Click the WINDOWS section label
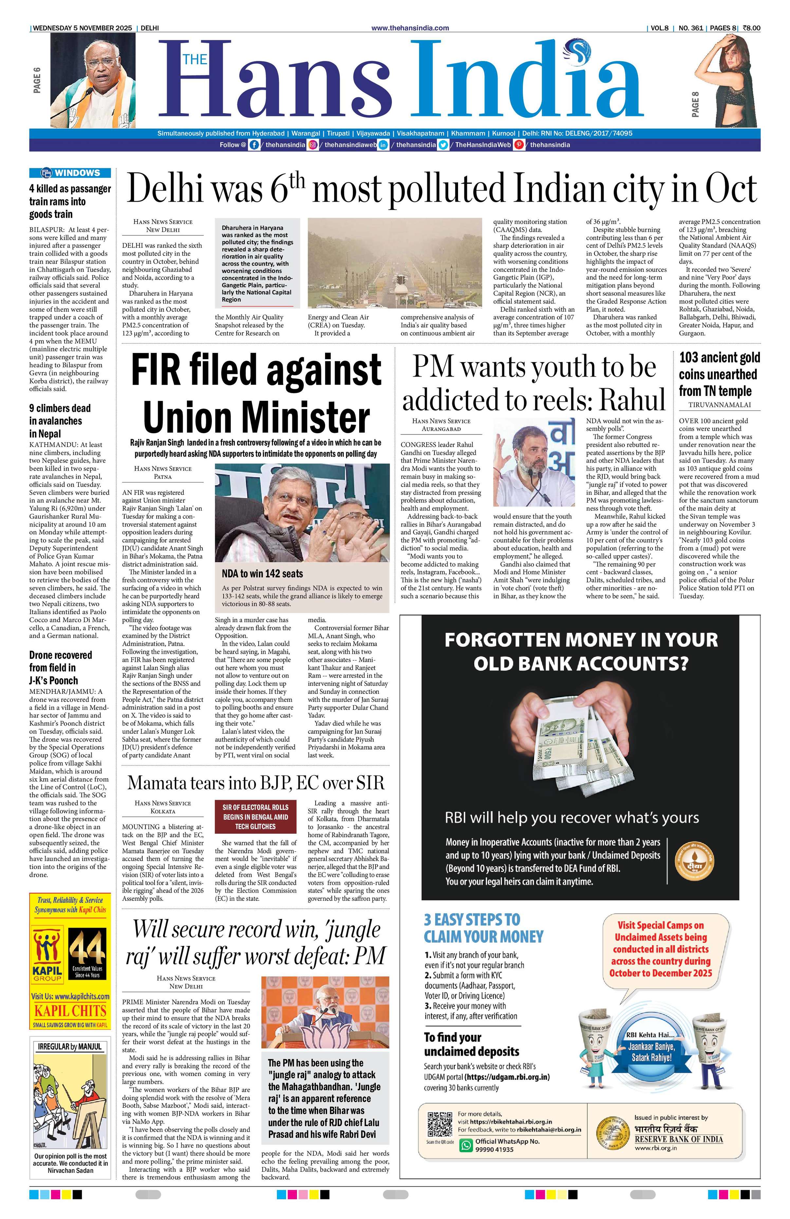(71, 173)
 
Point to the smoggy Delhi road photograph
(395, 263)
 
